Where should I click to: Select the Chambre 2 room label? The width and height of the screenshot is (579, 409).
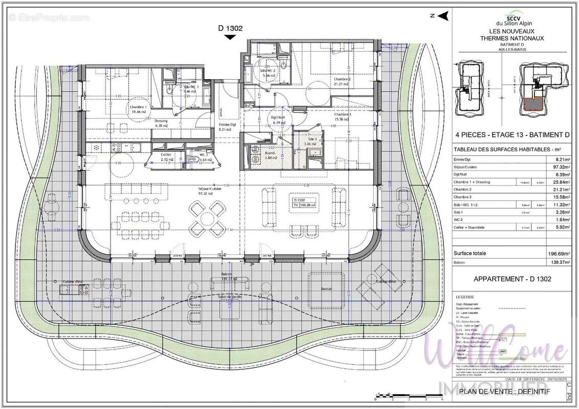point(342,79)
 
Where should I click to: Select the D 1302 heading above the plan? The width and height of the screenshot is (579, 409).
point(230,29)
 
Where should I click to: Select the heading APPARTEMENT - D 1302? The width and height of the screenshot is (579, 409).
point(509,279)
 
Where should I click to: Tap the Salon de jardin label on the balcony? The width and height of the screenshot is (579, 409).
point(229,297)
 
